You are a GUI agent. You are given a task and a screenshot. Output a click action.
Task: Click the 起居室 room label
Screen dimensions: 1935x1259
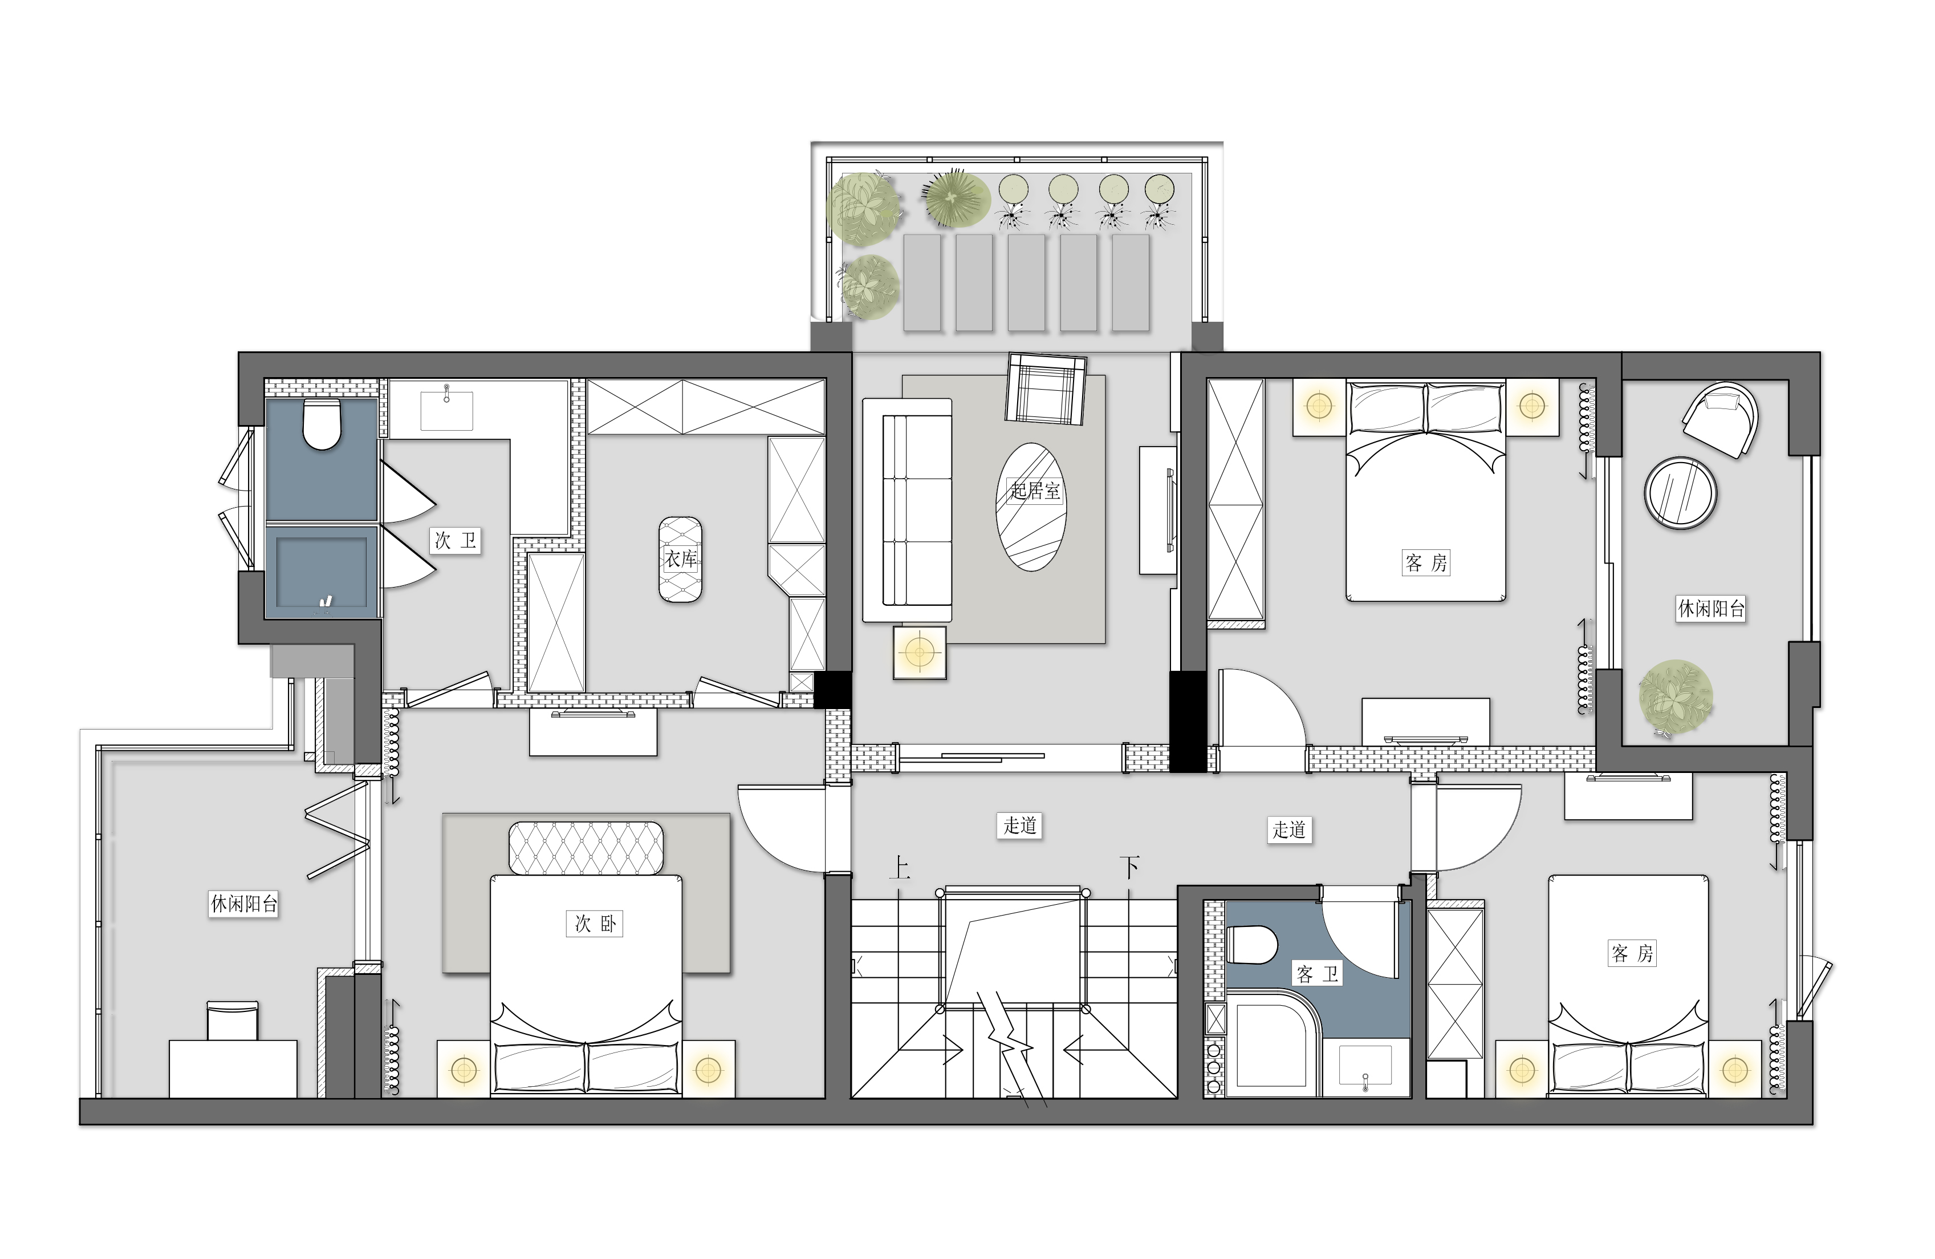coord(1035,491)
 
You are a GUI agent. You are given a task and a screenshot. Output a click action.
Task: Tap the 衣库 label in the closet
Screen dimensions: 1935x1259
coord(681,558)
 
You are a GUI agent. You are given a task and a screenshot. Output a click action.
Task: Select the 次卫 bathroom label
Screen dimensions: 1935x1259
coord(456,541)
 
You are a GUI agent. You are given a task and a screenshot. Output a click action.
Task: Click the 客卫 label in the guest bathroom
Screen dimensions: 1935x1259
coord(1317,974)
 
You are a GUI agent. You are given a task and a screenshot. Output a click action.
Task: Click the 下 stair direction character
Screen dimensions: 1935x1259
coord(1130,868)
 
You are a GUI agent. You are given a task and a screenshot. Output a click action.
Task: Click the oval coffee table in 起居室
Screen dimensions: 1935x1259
coord(1031,507)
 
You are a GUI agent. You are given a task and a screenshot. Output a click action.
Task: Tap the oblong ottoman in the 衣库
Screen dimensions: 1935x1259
coord(681,560)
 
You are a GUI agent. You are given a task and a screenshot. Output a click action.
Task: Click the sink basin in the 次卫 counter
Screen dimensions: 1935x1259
coord(446,410)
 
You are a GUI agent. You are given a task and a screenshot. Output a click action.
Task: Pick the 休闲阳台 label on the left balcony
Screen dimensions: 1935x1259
coord(244,904)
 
